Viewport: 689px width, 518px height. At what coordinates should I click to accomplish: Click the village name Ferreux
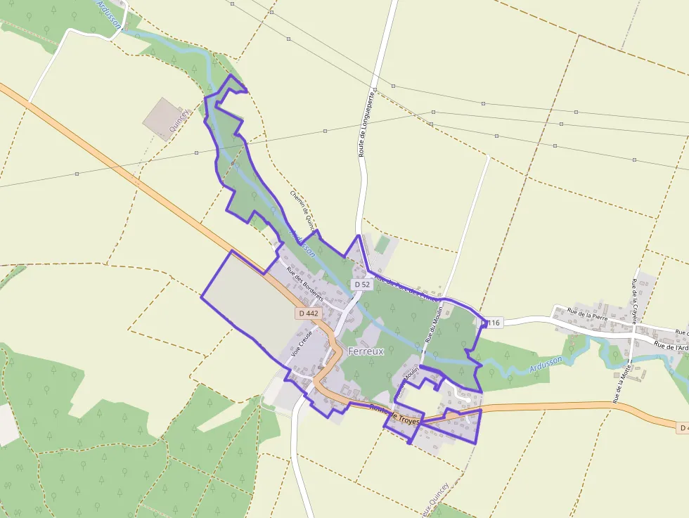pyautogui.click(x=366, y=351)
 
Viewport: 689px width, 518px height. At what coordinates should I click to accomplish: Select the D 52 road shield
pyautogui.click(x=362, y=284)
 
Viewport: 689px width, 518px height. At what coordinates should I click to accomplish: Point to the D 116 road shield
pyautogui.click(x=491, y=323)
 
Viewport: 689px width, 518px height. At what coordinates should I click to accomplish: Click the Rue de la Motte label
pyautogui.click(x=622, y=382)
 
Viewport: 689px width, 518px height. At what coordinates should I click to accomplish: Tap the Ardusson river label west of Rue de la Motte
pyautogui.click(x=546, y=363)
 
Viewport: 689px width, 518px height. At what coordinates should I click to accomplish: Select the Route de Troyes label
pyautogui.click(x=394, y=415)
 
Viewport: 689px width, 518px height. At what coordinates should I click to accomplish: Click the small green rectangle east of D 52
pyautogui.click(x=382, y=245)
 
